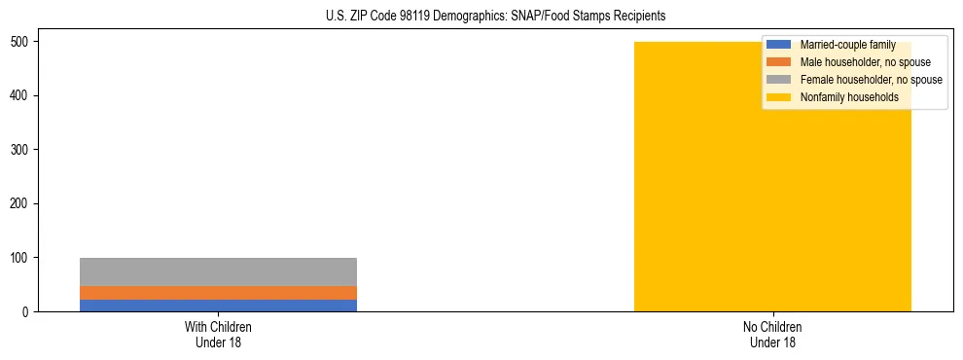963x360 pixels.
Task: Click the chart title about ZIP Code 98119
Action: click(495, 17)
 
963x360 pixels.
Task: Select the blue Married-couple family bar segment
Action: click(218, 305)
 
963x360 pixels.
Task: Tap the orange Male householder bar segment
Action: click(218, 292)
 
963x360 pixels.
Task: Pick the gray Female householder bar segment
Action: click(218, 271)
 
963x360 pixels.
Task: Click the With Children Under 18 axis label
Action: click(218, 334)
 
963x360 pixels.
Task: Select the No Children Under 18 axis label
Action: click(772, 334)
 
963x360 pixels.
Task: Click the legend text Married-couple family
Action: click(847, 45)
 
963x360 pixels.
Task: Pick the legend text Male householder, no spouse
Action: click(865, 62)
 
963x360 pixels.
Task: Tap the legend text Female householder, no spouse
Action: click(871, 80)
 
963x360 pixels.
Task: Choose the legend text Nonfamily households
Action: click(849, 97)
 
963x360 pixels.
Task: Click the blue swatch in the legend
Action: click(779, 45)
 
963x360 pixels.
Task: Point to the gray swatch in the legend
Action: click(779, 80)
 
